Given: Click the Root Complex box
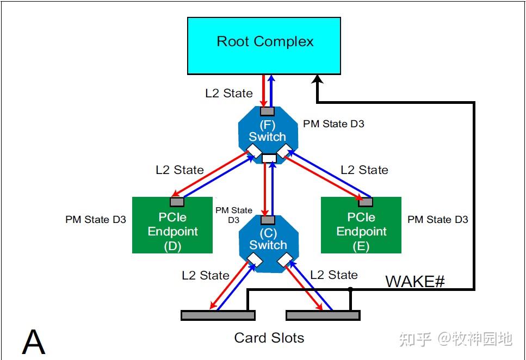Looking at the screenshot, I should [x=264, y=46].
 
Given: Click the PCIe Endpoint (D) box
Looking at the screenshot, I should [x=172, y=231].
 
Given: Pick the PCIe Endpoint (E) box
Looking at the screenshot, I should [x=361, y=231].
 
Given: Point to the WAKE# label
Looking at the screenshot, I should [x=415, y=281].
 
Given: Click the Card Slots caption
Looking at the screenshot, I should [x=269, y=338].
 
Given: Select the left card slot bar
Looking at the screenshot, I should [x=218, y=315].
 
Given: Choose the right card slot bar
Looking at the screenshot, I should [x=323, y=315].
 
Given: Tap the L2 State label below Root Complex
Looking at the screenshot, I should [x=228, y=93].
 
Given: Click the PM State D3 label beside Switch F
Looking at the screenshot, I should [x=333, y=124].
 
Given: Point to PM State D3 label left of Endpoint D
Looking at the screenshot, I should [x=96, y=220].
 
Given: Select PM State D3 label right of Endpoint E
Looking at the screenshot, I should [x=437, y=220].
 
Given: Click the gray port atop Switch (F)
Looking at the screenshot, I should [x=267, y=111].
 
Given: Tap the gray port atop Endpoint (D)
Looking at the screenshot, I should [x=176, y=202].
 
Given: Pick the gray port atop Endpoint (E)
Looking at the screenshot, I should [x=365, y=202].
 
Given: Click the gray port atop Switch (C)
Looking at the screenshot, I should [x=268, y=220].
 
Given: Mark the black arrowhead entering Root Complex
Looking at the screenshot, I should [x=317, y=79].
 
